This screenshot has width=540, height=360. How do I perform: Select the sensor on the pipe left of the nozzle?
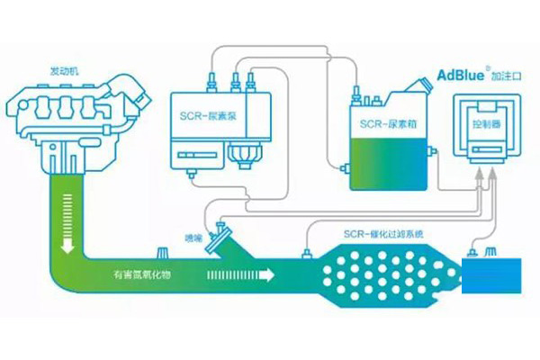coord(165,250)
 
